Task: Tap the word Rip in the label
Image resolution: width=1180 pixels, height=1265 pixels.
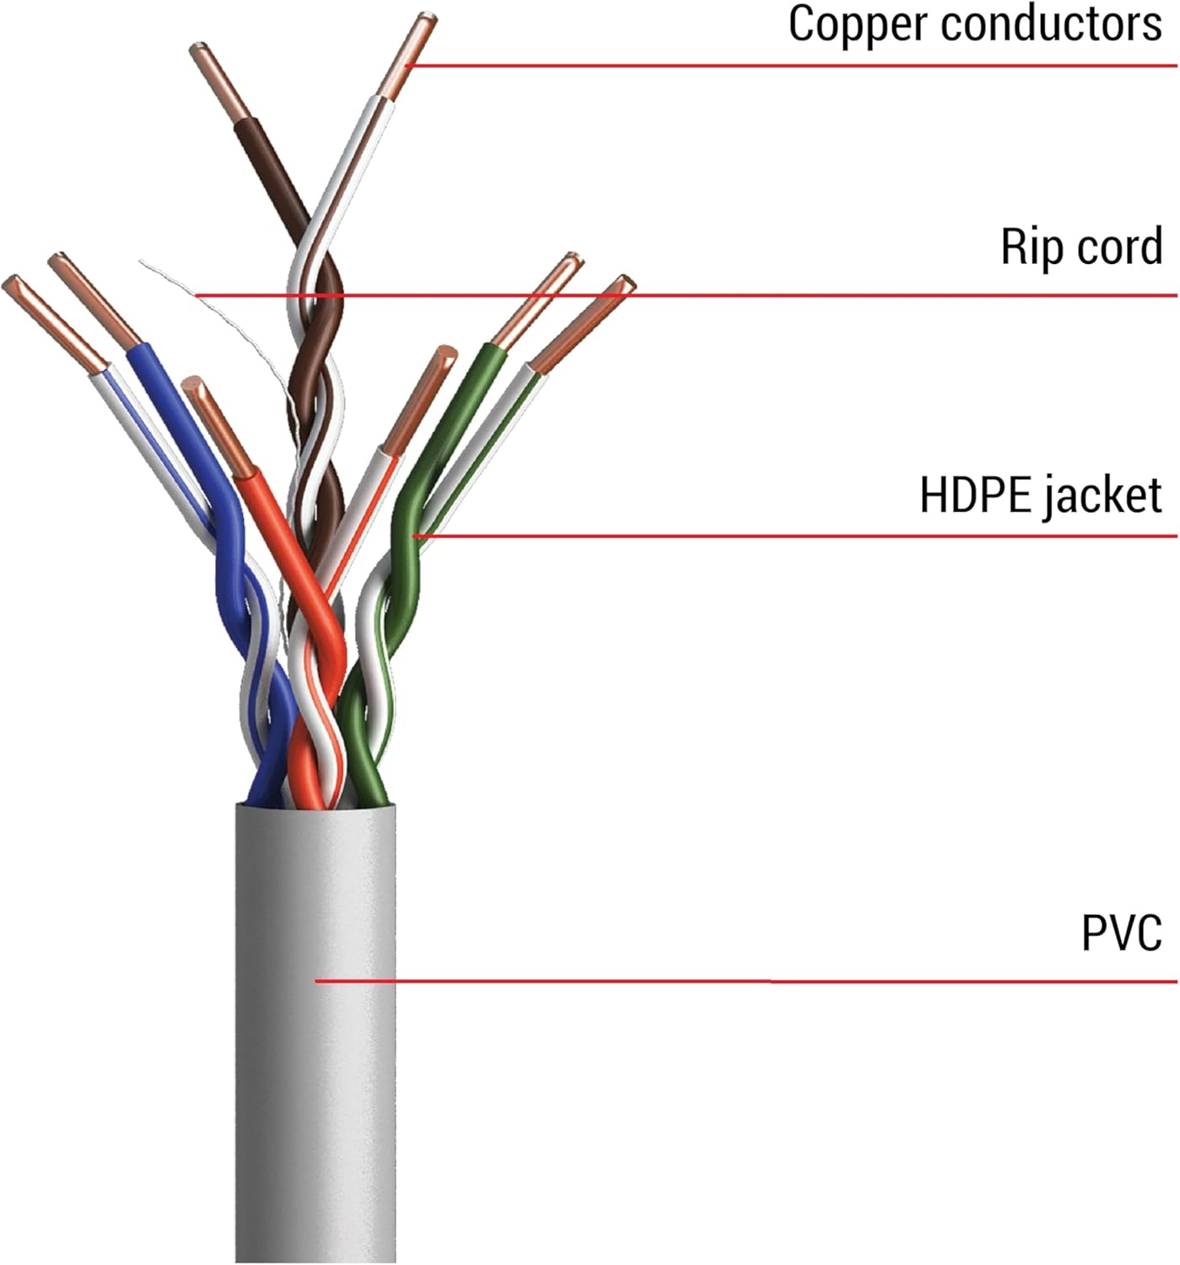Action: coord(1024,246)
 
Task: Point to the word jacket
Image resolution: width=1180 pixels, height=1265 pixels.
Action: coord(1102,496)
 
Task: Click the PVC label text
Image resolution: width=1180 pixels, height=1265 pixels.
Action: coord(1121,933)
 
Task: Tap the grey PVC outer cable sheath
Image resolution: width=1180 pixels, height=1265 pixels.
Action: coord(315,1054)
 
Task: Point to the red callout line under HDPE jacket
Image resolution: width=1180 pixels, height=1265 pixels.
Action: coord(759,536)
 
